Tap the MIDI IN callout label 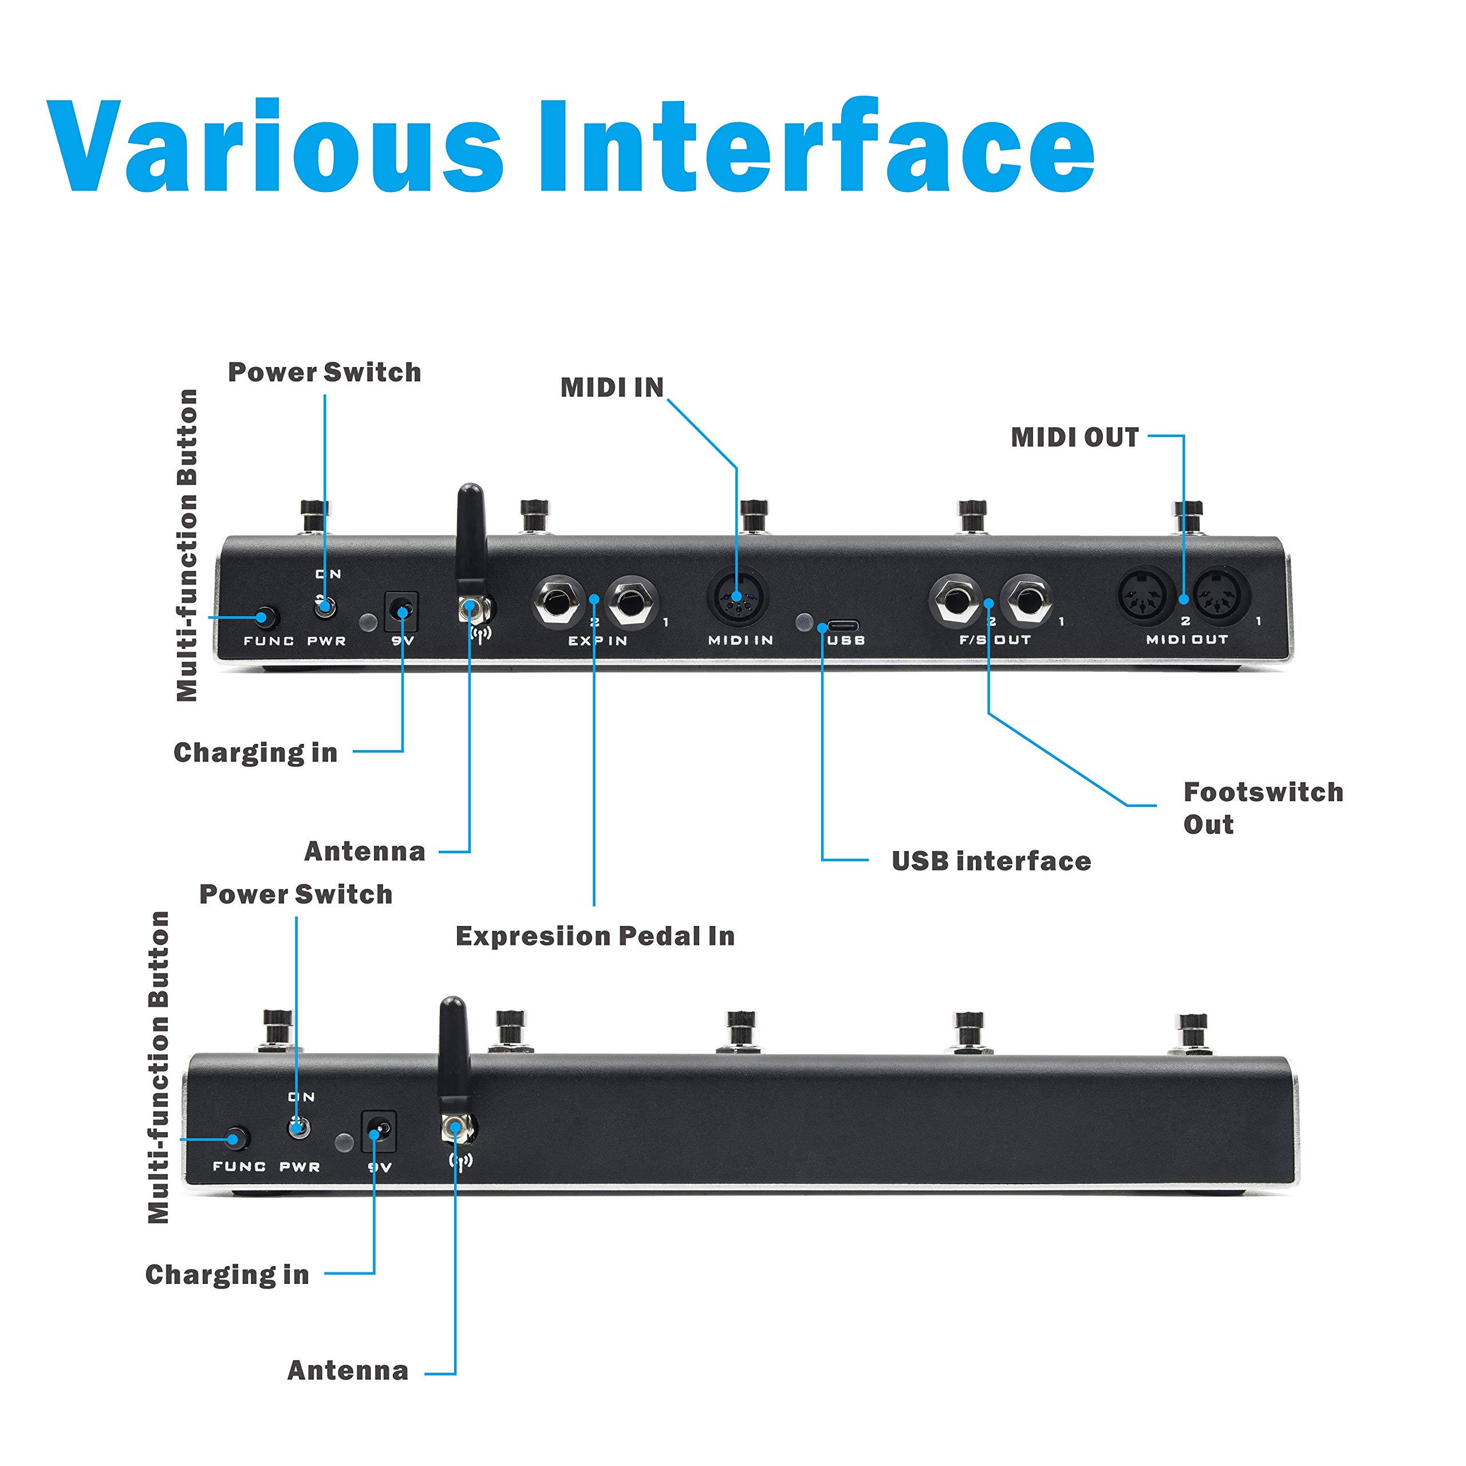point(612,388)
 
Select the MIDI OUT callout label point(1074,438)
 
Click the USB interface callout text point(991,861)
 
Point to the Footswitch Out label point(1262,808)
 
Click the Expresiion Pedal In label point(595,936)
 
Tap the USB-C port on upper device point(842,626)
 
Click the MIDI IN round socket point(737,596)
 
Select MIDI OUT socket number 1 point(1221,596)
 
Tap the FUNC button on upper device point(265,618)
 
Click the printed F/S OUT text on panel point(995,640)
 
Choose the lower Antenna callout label point(348,1370)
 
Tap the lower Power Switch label point(296,894)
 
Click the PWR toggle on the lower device point(299,1128)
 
